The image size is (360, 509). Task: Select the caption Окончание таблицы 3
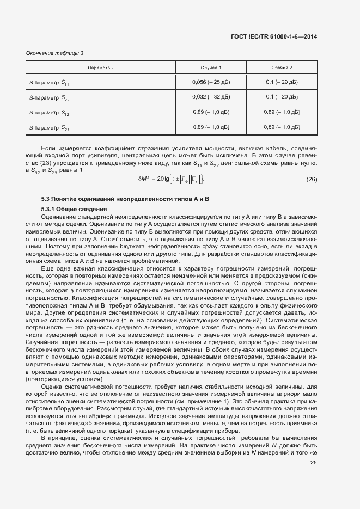[55, 53]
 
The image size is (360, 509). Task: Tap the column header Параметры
[100, 68]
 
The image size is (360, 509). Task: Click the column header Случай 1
[211, 68]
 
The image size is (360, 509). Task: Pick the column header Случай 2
[282, 68]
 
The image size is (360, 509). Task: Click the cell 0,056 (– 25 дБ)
[211, 82]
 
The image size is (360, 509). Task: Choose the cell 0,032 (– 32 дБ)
[211, 97]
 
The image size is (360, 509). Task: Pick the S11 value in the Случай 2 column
[282, 82]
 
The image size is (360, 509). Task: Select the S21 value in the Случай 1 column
[211, 127]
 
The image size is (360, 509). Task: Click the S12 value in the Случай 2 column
[282, 112]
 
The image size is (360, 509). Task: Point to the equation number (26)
[312, 179]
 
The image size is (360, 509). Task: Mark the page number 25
[313, 463]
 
